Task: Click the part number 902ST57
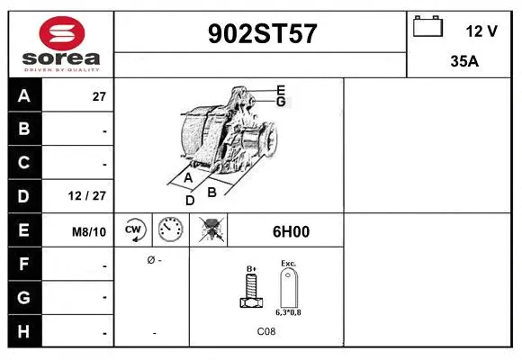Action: (x=262, y=34)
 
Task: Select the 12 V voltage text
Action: (x=481, y=31)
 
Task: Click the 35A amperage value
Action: (x=463, y=64)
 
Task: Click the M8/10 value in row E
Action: (x=89, y=231)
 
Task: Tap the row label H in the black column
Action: (x=23, y=331)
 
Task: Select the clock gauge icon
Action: (x=171, y=231)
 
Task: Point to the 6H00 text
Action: (x=290, y=231)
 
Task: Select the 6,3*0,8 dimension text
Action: (x=289, y=311)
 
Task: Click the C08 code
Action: (x=266, y=332)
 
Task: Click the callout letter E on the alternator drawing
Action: (x=281, y=89)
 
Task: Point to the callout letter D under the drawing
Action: (x=189, y=200)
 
